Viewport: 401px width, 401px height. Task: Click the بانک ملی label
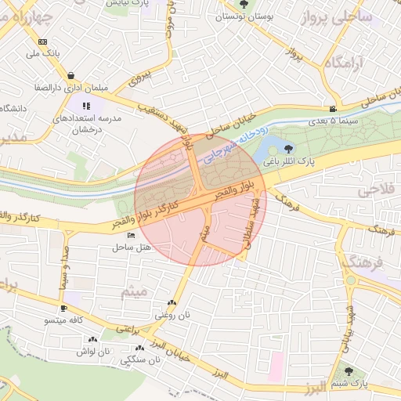pyautogui.click(x=43, y=54)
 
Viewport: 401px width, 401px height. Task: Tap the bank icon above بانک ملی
pyautogui.click(x=42, y=42)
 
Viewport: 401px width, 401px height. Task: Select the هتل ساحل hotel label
pyautogui.click(x=131, y=247)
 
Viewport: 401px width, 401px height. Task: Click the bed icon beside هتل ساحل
pyautogui.click(x=131, y=236)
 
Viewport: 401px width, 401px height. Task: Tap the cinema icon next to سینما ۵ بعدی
pyautogui.click(x=334, y=109)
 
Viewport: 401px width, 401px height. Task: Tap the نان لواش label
pyautogui.click(x=93, y=352)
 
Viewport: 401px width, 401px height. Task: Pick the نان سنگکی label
pyautogui.click(x=139, y=360)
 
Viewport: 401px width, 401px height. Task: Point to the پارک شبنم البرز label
pyautogui.click(x=359, y=384)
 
